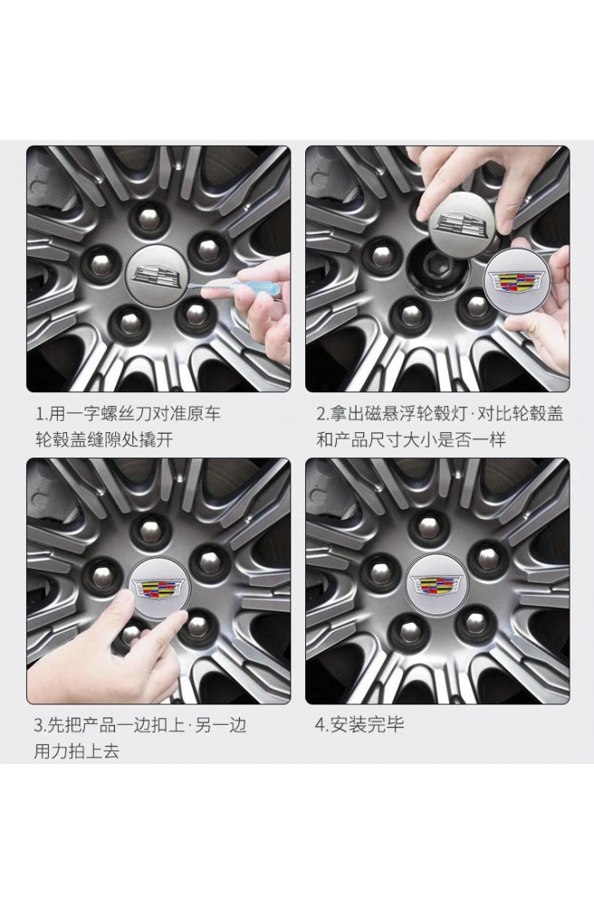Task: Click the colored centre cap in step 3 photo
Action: click(x=157, y=588)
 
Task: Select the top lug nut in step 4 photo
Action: click(x=428, y=528)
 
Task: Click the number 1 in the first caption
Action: click(x=38, y=413)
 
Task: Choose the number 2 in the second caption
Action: click(x=321, y=413)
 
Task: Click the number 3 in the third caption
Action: click(x=38, y=725)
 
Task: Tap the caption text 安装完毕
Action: click(x=367, y=724)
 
